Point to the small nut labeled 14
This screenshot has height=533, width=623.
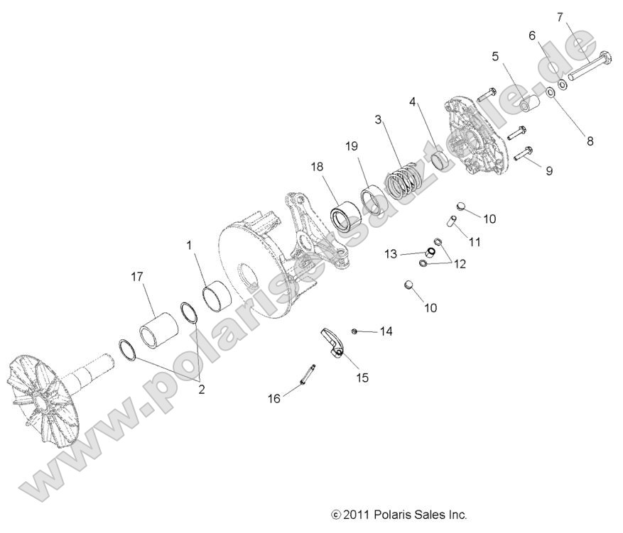tap(354, 331)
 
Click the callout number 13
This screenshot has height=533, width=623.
tap(391, 253)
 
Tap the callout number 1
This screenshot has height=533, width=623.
tap(190, 245)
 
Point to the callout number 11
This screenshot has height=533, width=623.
tap(475, 241)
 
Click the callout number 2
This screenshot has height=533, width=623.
tap(201, 389)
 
